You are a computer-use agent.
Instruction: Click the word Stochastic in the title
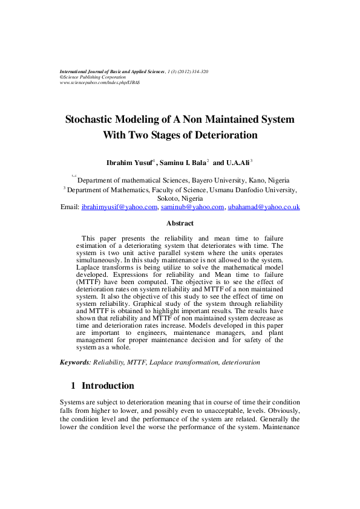coord(92,120)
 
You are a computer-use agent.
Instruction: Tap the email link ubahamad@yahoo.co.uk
coord(263,207)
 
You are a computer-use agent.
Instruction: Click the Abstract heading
coord(180,224)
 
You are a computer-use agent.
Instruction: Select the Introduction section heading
coord(108,386)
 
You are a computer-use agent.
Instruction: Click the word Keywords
coord(74,362)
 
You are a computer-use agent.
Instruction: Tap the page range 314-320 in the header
coord(199,71)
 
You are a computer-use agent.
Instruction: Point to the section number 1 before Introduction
coord(73,386)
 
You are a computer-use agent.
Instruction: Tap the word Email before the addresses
coord(70,207)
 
